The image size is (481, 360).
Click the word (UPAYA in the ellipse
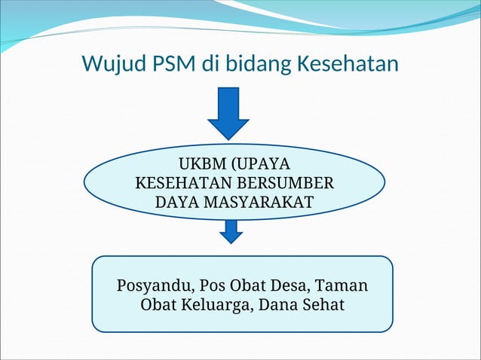point(261,165)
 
